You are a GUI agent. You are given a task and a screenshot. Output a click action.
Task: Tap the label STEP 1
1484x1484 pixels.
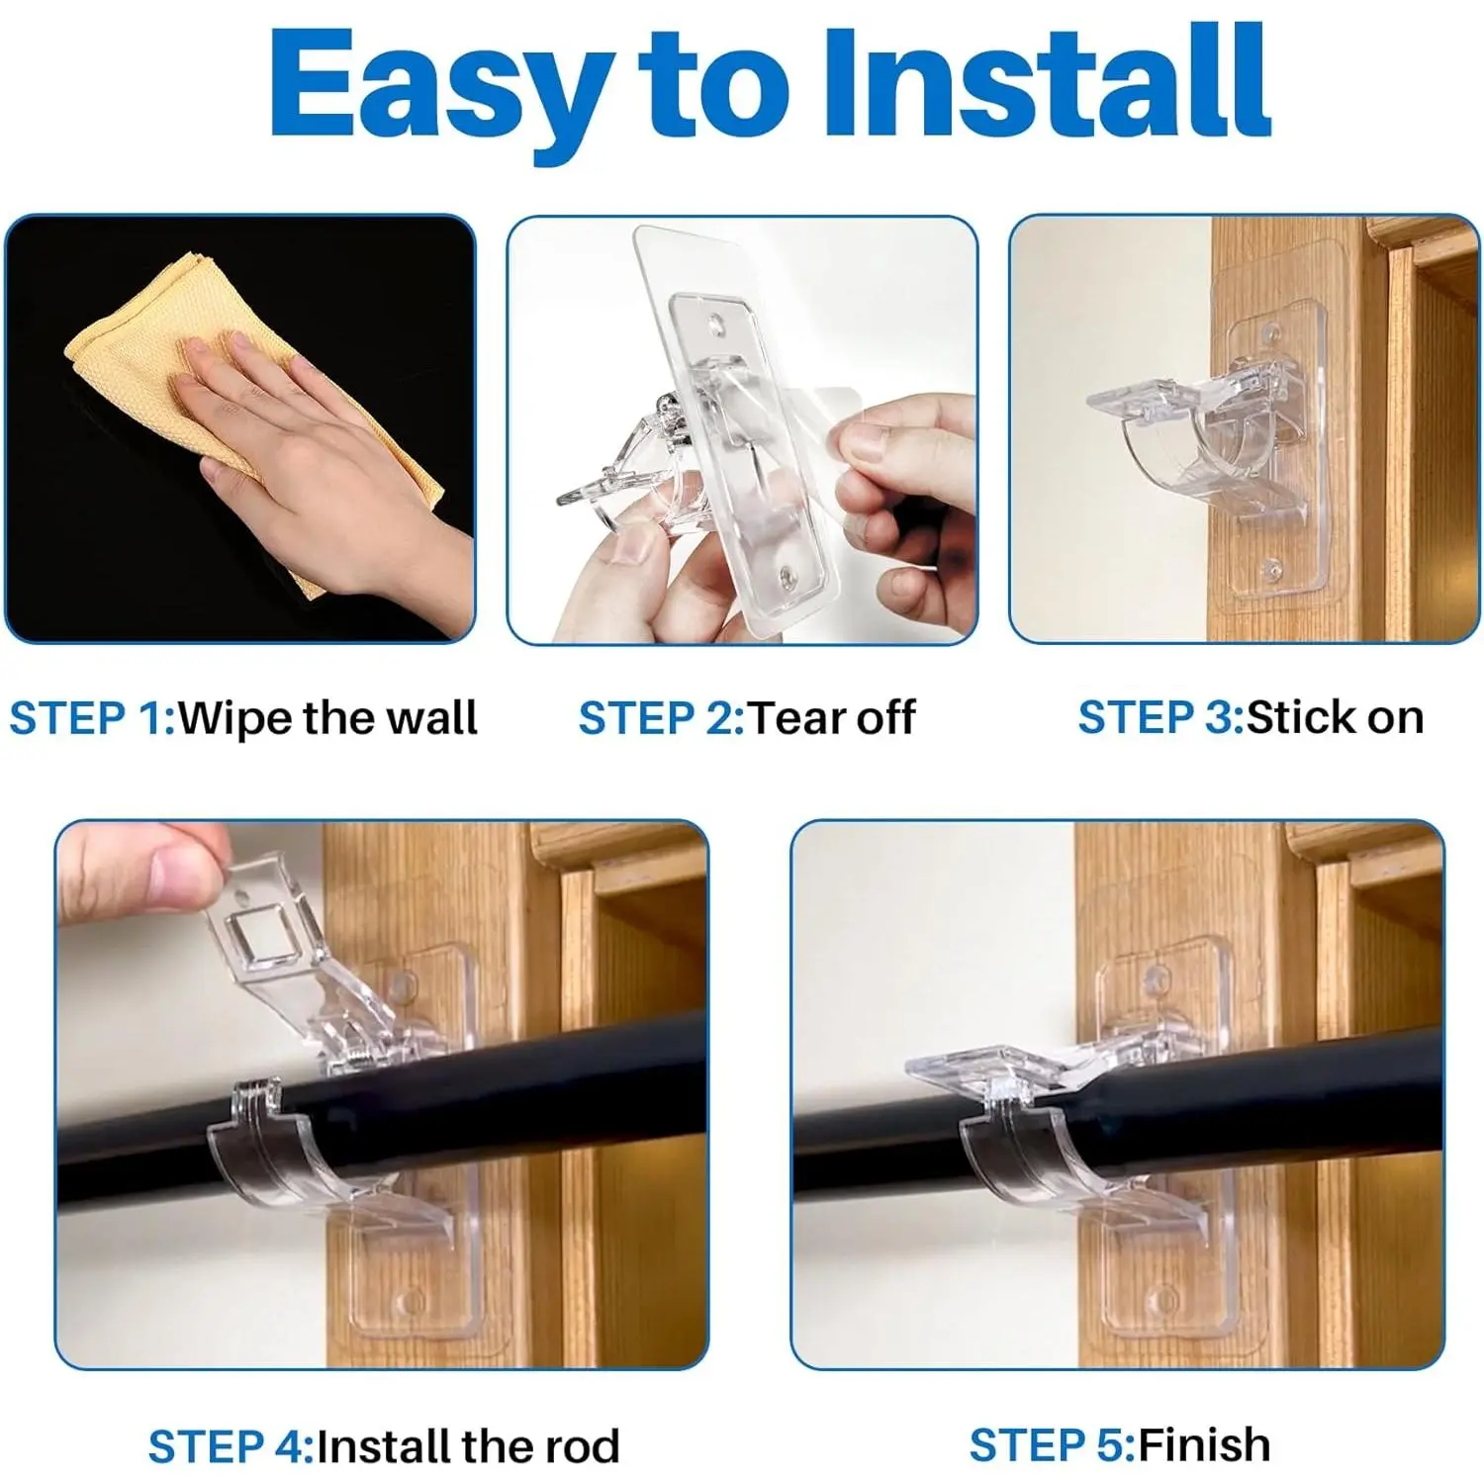click(x=92, y=718)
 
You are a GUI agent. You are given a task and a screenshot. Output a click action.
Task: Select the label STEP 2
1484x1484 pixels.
click(x=661, y=718)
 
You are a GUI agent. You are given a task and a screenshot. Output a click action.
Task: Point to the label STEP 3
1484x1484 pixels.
click(x=1160, y=718)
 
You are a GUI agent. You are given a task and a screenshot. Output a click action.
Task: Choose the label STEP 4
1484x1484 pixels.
click(x=231, y=1446)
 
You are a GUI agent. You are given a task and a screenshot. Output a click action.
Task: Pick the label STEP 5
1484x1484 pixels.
click(x=1052, y=1445)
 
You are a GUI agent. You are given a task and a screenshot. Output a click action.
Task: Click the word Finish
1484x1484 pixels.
click(x=1204, y=1445)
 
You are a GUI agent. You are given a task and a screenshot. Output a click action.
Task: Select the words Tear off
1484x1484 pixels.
click(x=831, y=718)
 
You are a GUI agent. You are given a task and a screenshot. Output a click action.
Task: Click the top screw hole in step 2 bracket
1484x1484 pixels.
click(x=714, y=325)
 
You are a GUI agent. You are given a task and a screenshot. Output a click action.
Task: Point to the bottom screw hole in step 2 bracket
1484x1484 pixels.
click(x=788, y=574)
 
